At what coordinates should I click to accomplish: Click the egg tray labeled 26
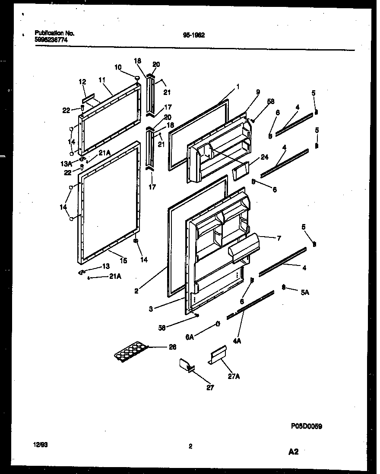(130, 352)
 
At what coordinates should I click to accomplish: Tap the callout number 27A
(234, 376)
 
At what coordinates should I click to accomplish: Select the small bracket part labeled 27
(186, 365)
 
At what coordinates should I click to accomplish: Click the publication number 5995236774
(51, 39)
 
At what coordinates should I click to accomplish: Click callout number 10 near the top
(118, 67)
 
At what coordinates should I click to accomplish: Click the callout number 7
(279, 237)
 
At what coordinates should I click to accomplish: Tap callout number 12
(82, 81)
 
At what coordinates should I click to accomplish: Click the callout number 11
(102, 80)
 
